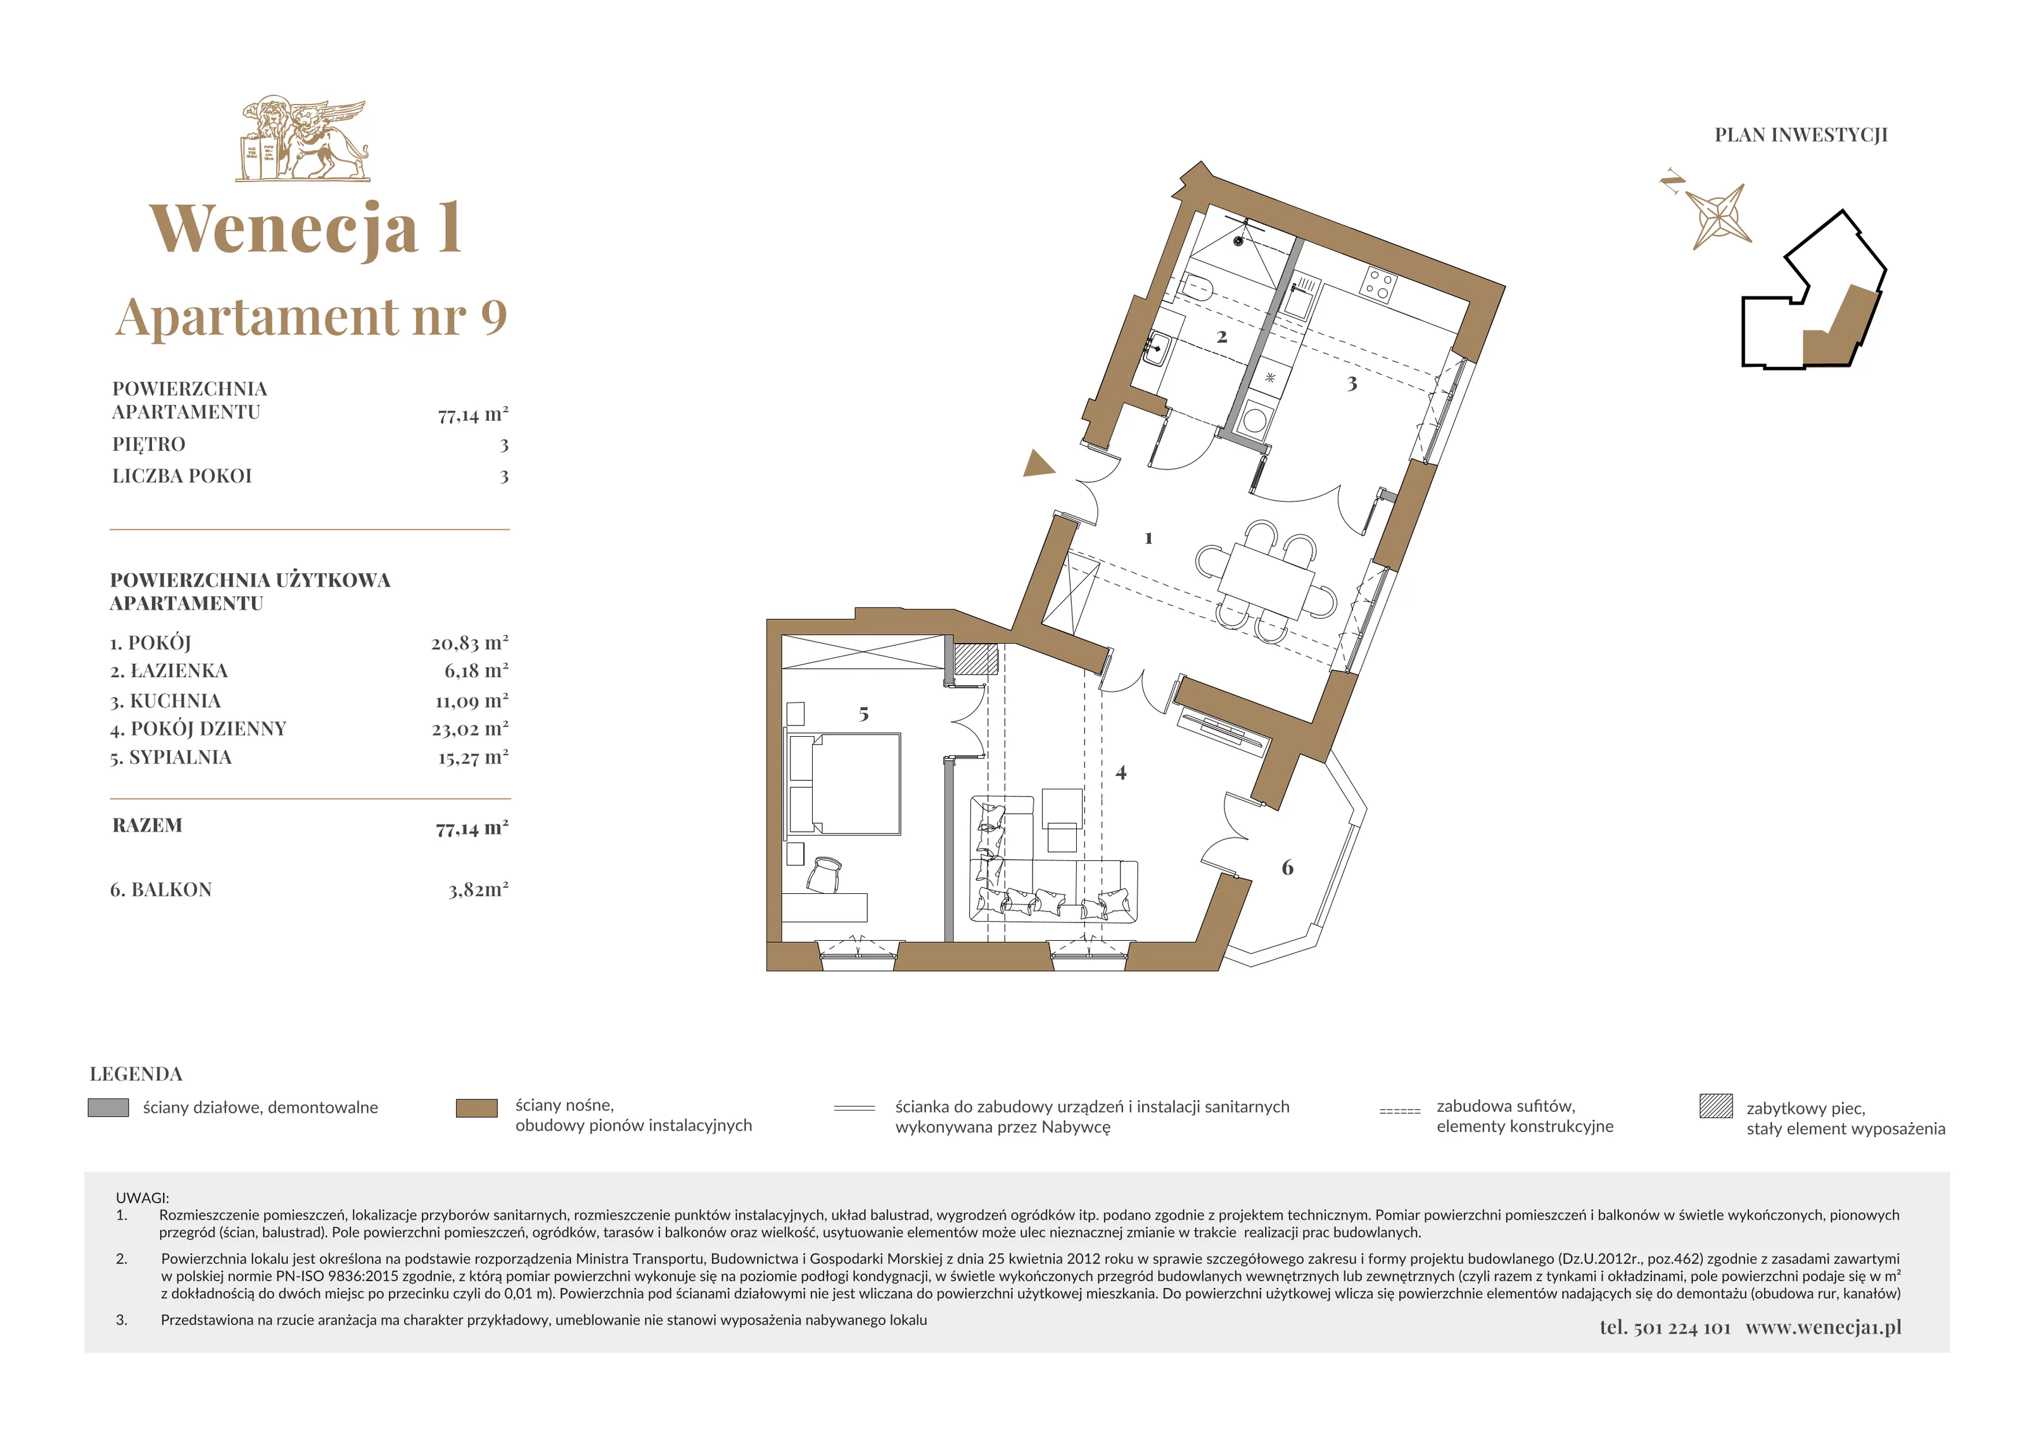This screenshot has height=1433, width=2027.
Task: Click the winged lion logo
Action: pyautogui.click(x=303, y=141)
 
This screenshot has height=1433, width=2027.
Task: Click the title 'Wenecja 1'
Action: pyautogui.click(x=305, y=228)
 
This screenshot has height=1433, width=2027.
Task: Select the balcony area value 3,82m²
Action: pyautogui.click(x=478, y=889)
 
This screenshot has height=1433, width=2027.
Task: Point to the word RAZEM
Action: pyautogui.click(x=148, y=825)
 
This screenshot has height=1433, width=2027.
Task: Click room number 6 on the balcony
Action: pyautogui.click(x=1287, y=868)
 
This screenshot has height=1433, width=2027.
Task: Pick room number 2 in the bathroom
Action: pyautogui.click(x=1222, y=336)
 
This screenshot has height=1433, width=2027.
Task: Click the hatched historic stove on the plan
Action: pyautogui.click(x=975, y=659)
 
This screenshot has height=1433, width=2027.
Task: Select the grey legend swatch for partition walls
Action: pyautogui.click(x=108, y=1107)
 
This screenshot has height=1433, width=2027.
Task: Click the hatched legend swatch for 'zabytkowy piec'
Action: pyautogui.click(x=1716, y=1106)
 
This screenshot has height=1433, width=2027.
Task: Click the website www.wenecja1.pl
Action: pyautogui.click(x=1823, y=1328)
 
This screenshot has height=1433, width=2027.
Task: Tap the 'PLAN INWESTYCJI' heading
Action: pyautogui.click(x=1801, y=135)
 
